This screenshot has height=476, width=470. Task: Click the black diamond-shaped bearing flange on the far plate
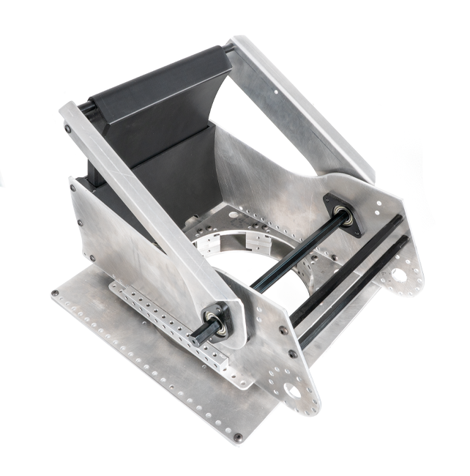coord(343,214)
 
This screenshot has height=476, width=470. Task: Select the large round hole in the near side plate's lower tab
coord(293,392)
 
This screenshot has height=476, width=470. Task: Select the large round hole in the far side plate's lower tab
coord(399,275)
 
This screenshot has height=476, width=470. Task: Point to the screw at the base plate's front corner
coord(237,437)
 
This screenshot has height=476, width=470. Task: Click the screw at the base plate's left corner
coord(55,293)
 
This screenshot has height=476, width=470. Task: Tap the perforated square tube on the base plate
coord(168,322)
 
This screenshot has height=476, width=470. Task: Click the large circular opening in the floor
coord(242,271)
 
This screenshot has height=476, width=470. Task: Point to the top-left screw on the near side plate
coord(73,187)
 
